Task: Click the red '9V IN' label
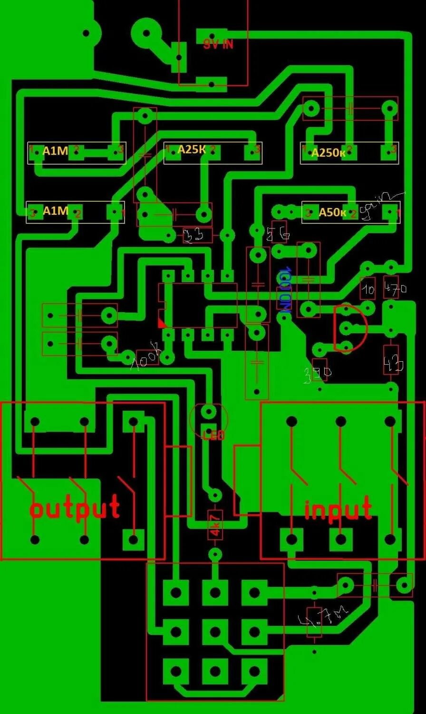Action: click(x=218, y=45)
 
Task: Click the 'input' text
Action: click(x=338, y=509)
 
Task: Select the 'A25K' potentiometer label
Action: click(x=192, y=150)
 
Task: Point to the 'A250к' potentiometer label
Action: click(x=329, y=152)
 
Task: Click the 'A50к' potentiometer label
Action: click(x=332, y=212)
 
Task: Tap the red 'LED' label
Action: click(x=213, y=435)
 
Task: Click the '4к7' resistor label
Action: click(x=215, y=525)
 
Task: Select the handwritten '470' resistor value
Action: click(x=395, y=288)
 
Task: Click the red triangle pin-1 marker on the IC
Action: click(x=163, y=323)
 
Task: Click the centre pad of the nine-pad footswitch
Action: click(x=215, y=632)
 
